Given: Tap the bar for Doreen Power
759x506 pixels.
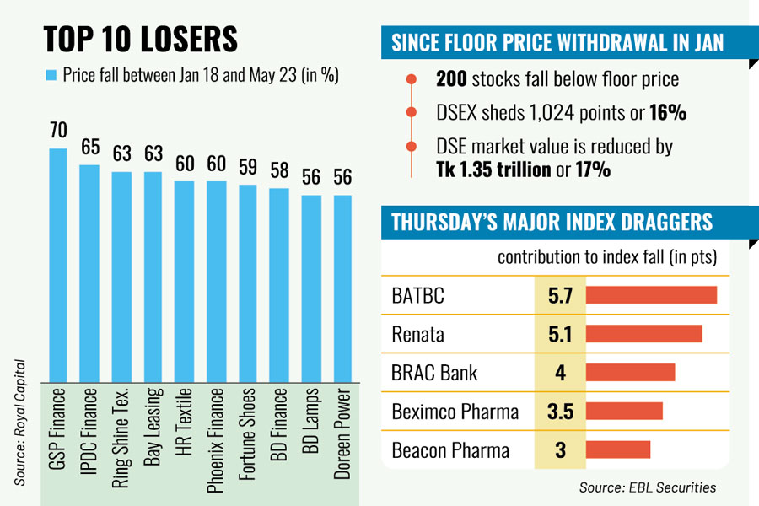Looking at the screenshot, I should pos(342,288).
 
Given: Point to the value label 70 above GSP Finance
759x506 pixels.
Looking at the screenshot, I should pos(57,131).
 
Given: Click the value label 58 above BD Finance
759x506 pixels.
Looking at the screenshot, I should pos(279,170).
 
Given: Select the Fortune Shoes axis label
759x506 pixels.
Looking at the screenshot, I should pos(247,433).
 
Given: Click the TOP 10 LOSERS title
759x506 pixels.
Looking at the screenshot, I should pos(140,39).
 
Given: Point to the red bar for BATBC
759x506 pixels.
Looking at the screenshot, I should pos(650,295).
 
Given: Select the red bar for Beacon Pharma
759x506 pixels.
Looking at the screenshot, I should pos(618,449).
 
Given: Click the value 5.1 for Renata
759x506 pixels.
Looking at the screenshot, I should pos(559,334).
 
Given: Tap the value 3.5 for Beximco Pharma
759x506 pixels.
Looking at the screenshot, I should pos(559,412).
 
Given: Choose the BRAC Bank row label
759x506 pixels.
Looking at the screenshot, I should pos(435,373).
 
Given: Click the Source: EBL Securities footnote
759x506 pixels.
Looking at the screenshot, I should pos(647,487).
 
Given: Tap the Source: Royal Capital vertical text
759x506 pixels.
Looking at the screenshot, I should pos(19,422).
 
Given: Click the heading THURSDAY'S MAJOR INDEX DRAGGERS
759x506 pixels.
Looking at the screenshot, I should pos(552,223).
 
